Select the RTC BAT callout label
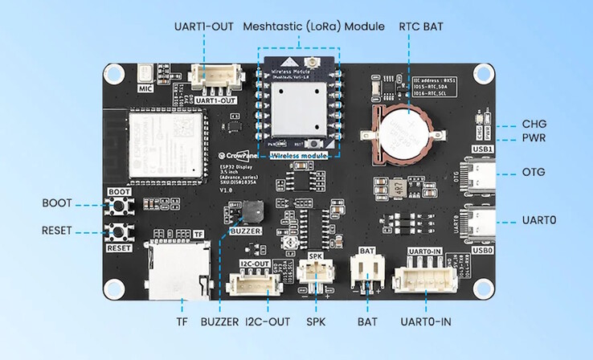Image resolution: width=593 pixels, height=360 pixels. [419, 25]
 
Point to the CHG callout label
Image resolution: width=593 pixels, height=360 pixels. [534, 124]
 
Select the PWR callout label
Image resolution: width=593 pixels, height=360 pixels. [534, 138]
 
